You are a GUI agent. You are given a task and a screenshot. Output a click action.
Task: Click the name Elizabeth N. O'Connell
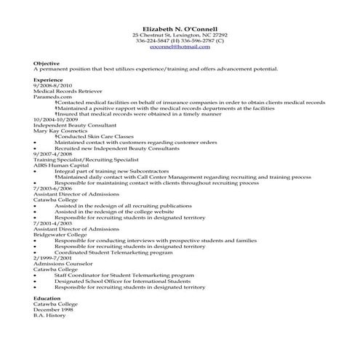pyautogui.click(x=180, y=27)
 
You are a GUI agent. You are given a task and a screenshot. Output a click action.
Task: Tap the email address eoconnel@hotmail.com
pyautogui.click(x=180, y=47)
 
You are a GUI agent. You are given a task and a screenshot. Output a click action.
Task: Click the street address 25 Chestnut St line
pyautogui.click(x=180, y=34)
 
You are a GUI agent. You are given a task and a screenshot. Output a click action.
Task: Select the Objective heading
pyautogui.click(x=46, y=63)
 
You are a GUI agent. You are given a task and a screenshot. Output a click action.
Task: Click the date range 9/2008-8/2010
pyautogui.click(x=53, y=85)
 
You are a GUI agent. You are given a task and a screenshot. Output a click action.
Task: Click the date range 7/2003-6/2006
pyautogui.click(x=53, y=188)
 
